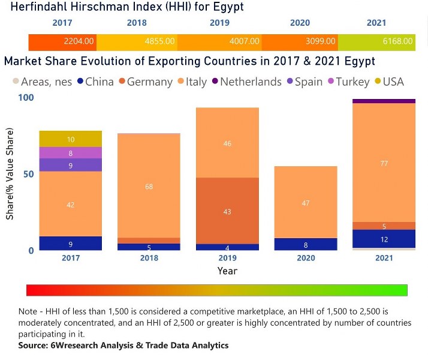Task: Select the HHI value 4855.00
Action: [x=160, y=41]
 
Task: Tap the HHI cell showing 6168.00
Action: [x=398, y=41]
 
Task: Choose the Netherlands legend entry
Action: [x=251, y=82]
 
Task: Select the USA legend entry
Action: [x=393, y=82]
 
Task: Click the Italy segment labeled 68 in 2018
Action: [x=149, y=186]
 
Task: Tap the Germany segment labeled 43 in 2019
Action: [x=227, y=211]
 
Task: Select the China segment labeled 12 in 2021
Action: [x=384, y=239]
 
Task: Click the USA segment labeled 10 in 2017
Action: [x=71, y=139]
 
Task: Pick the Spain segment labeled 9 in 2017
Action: [x=71, y=165]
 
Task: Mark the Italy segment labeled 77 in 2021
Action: [x=384, y=163]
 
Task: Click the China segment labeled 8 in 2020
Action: [x=306, y=244]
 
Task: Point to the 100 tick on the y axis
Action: [x=26, y=98]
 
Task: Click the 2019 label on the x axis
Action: [x=227, y=259]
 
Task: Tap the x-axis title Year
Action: [x=227, y=271]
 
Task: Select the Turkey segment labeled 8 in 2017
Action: [x=71, y=153]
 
